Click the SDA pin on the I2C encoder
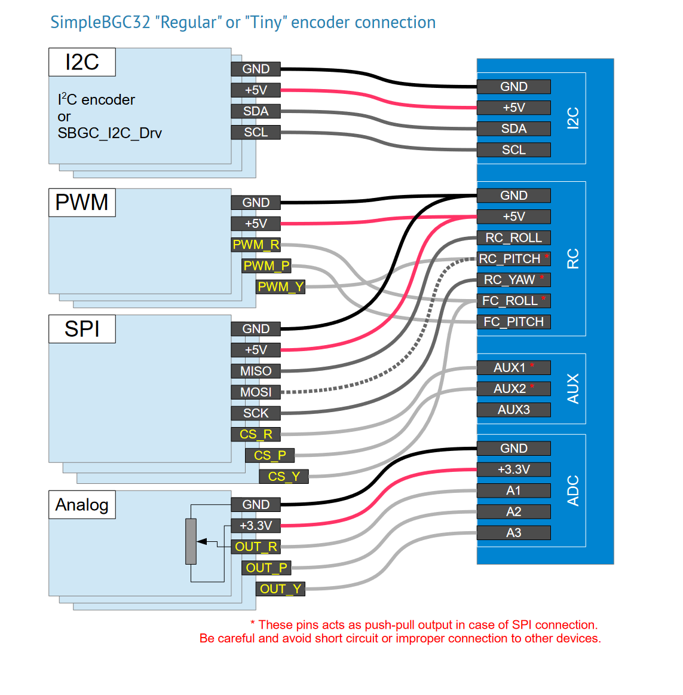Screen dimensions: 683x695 coord(256,111)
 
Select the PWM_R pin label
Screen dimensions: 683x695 coord(256,245)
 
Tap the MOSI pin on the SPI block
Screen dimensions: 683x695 coord(256,392)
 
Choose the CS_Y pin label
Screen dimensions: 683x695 coord(284,477)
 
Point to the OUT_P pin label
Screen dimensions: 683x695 coord(266,568)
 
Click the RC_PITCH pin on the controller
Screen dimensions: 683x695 coord(514,259)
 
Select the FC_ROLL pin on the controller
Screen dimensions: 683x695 coord(514,301)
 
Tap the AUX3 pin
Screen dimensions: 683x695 coord(514,410)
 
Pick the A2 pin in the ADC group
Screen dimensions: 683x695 coord(514,511)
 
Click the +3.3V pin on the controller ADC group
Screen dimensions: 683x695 coord(514,470)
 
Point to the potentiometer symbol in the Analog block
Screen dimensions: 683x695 coord(191,541)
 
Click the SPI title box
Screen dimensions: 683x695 coord(82,329)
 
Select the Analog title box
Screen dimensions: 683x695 coord(82,504)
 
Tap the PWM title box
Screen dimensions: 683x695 coord(82,203)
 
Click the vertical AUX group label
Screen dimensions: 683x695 coord(572,389)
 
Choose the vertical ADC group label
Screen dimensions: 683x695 coord(572,490)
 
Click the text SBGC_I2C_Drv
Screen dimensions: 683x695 coord(110,133)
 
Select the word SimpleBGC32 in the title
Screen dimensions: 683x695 coord(100,22)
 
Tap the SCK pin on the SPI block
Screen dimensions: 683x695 coord(256,413)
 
